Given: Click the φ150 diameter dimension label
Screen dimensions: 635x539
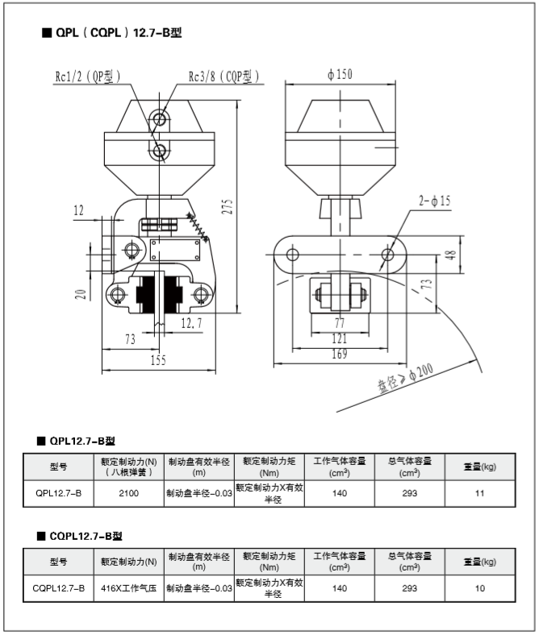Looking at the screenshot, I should point(340,75).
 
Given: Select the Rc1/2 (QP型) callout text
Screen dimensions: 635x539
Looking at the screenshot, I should point(87,77).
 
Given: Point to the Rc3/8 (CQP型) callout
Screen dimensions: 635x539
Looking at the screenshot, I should point(224,77).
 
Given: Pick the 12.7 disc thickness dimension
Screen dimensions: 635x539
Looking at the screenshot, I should point(191,323).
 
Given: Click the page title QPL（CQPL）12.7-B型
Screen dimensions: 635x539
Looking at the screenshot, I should point(118,33).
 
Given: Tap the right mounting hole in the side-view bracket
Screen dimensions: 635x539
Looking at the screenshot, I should point(388,255).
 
